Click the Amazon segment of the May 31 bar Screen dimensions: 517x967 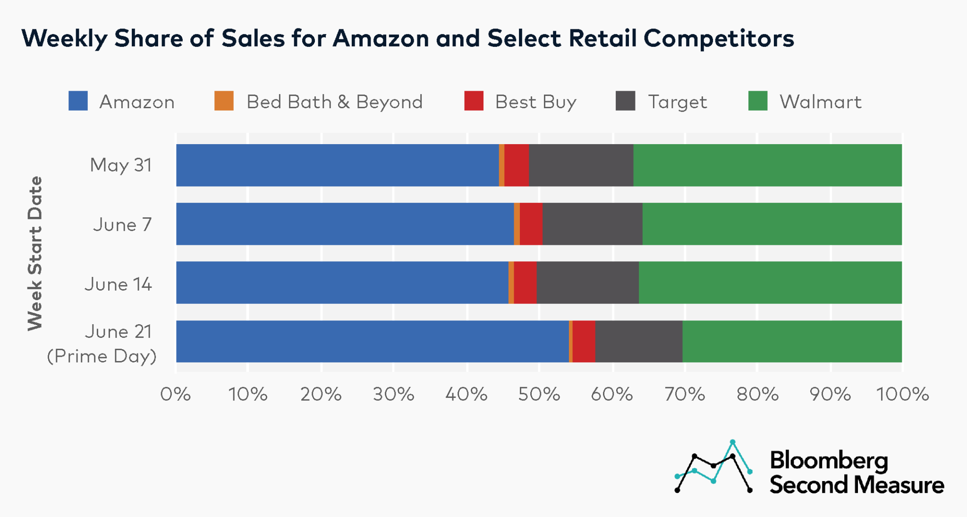(x=337, y=165)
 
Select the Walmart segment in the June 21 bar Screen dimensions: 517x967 (x=792, y=342)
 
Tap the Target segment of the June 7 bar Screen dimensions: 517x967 (x=592, y=224)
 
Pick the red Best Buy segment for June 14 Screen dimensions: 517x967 (x=525, y=283)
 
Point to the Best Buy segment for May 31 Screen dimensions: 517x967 (x=516, y=165)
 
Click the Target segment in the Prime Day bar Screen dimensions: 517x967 (x=638, y=342)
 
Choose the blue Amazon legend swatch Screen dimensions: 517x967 (x=78, y=101)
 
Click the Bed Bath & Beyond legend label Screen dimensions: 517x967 (x=334, y=102)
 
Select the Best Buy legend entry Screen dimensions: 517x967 (x=535, y=102)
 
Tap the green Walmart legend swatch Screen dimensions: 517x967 (x=758, y=101)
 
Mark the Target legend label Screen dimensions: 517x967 (x=677, y=102)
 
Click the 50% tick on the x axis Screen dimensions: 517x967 (x=539, y=394)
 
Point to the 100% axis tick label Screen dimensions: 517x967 (x=902, y=394)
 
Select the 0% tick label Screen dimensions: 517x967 (x=176, y=394)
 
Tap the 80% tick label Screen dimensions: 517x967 (x=757, y=394)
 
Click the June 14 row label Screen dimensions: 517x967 (x=119, y=284)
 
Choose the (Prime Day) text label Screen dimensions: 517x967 (x=102, y=356)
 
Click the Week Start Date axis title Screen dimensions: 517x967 (x=35, y=253)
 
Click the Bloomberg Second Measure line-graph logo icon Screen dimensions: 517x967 (x=713, y=467)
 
